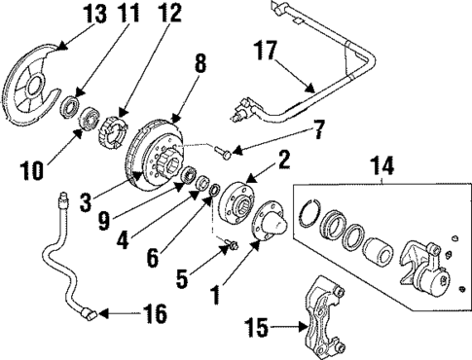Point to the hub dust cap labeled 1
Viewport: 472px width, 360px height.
266,237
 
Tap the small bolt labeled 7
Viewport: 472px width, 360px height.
224,152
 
